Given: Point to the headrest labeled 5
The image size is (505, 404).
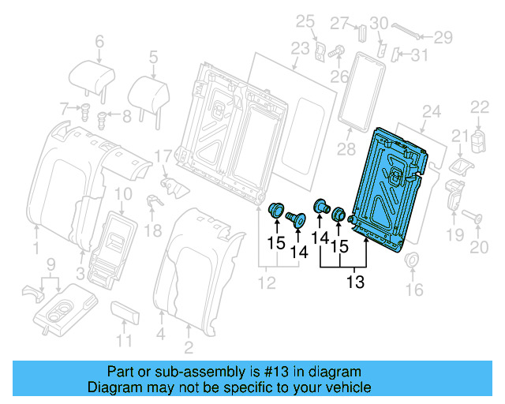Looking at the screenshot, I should [x=150, y=88].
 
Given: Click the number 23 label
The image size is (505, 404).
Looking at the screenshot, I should [x=299, y=48].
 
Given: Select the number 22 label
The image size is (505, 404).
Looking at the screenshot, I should [x=480, y=107].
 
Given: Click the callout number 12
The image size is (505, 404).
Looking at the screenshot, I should [x=270, y=282].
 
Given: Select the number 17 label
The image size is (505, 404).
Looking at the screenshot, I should [x=163, y=157].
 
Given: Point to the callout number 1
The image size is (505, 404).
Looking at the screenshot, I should [x=35, y=250].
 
